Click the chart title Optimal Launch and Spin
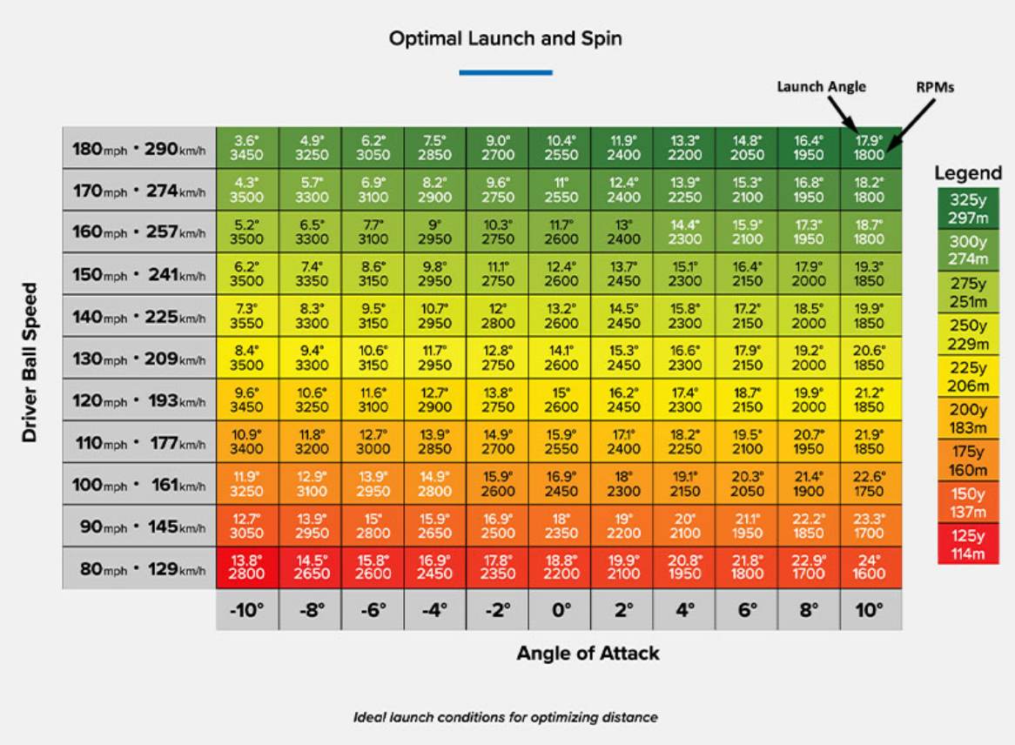506,39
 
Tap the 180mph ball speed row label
139,149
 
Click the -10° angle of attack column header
247,610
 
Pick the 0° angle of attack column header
561,610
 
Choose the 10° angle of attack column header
870,610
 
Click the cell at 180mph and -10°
247,148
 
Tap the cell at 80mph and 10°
870,567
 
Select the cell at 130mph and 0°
561,358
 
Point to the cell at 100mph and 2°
623,484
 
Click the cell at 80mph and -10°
247,567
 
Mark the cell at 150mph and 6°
748,274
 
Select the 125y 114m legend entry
968,545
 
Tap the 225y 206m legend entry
968,376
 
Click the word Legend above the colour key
968,173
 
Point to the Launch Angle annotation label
821,86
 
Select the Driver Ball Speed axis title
31,361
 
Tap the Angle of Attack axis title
588,653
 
